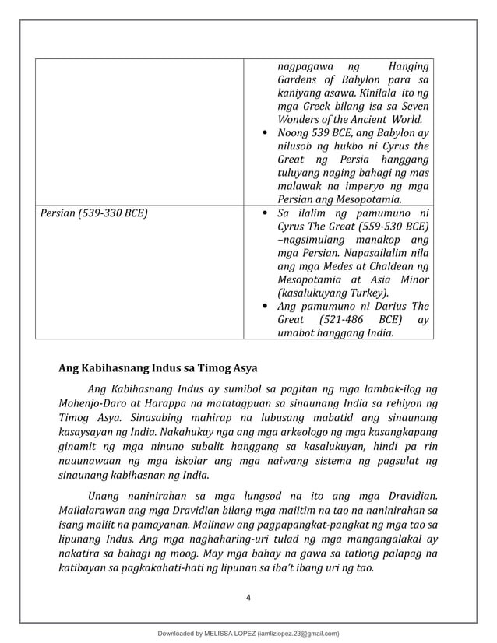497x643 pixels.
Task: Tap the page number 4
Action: click(x=248, y=597)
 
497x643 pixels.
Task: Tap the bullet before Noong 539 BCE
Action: click(x=265, y=134)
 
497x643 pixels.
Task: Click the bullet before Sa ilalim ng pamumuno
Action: click(x=265, y=213)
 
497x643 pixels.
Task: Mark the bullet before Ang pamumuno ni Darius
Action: click(x=265, y=307)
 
